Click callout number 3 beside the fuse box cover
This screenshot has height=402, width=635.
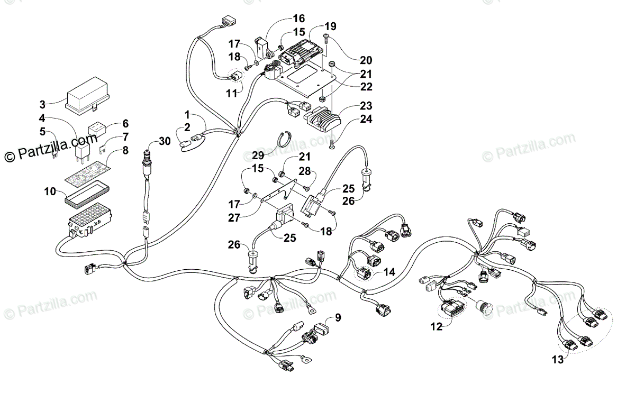click(42, 104)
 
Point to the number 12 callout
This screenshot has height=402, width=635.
click(436, 327)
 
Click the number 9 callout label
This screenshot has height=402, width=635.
click(338, 318)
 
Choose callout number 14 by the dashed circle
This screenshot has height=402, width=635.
click(389, 272)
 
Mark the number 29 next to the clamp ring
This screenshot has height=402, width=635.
click(258, 156)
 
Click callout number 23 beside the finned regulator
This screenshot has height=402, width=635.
click(366, 106)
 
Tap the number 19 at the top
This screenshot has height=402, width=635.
click(330, 26)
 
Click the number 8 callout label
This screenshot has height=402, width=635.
click(125, 150)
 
